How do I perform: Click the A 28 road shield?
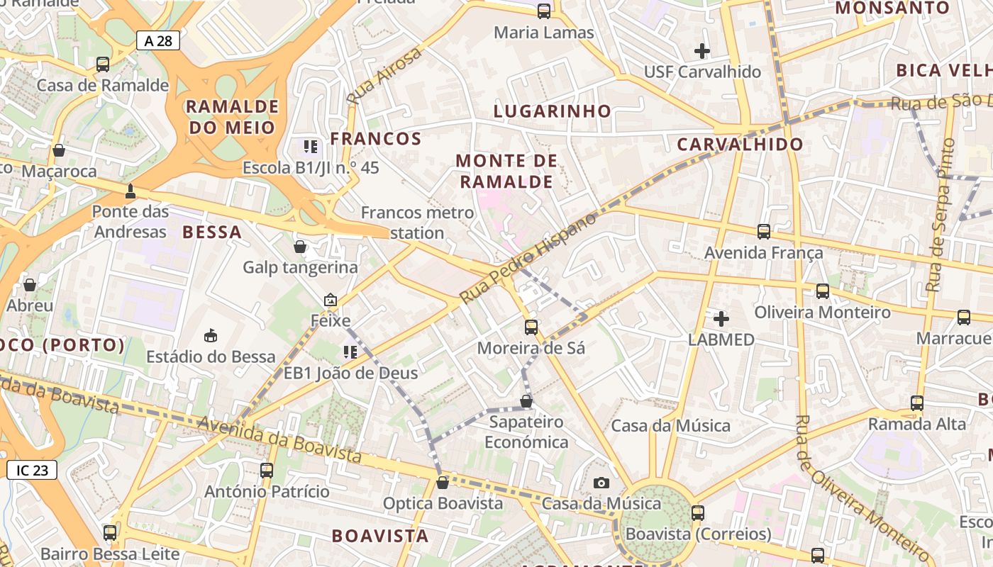158,40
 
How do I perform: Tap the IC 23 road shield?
32,469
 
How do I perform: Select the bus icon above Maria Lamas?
544,11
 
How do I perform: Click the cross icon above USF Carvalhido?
702,51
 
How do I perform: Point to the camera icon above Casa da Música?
601,483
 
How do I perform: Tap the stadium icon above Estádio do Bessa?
211,335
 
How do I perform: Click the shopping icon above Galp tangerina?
300,247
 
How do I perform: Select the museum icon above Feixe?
331,301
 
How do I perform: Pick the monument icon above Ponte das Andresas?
131,191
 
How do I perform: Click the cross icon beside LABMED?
721,319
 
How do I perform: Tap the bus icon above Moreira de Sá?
531,327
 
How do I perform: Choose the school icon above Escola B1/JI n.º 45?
311,147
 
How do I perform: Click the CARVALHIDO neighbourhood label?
740,145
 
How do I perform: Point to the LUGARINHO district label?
552,111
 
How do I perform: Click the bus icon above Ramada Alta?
917,403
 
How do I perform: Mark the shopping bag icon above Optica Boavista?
443,483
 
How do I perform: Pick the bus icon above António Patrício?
267,470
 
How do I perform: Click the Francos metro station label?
417,223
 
